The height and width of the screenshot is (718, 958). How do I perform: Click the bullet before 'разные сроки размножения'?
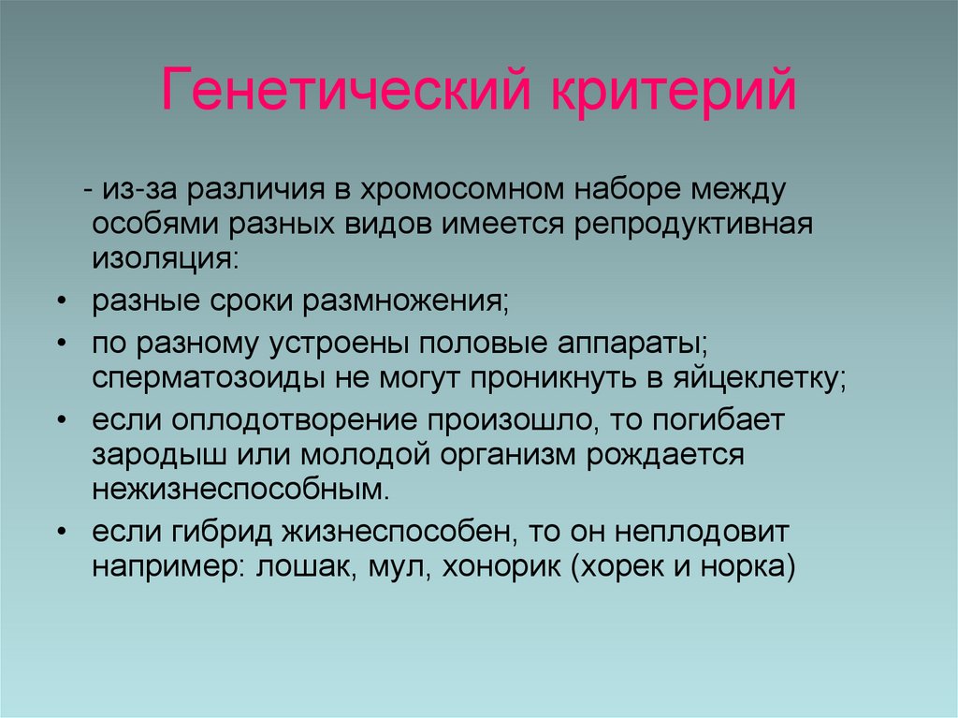(x=61, y=302)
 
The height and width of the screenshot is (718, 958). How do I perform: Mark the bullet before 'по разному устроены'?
(x=61, y=344)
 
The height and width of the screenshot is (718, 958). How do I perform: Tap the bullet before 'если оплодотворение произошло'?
(x=61, y=420)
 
